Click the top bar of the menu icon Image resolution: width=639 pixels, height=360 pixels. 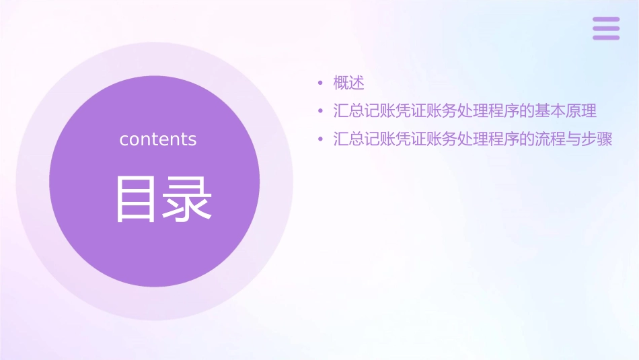click(x=605, y=19)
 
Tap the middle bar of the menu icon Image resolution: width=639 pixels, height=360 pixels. click(x=605, y=28)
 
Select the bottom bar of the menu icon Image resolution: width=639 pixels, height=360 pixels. click(x=605, y=38)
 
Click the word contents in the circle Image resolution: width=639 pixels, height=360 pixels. click(x=157, y=139)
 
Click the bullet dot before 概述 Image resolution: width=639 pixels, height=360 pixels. click(x=321, y=83)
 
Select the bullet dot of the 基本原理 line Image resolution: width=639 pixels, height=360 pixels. click(x=321, y=111)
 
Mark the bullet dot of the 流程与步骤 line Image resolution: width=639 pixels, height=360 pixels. click(x=321, y=140)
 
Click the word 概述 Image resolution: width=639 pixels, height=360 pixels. click(x=348, y=83)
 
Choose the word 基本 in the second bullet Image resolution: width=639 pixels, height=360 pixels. click(x=550, y=111)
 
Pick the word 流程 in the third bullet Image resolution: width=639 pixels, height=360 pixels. click(x=550, y=140)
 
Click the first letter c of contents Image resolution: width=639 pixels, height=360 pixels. click(x=124, y=140)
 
